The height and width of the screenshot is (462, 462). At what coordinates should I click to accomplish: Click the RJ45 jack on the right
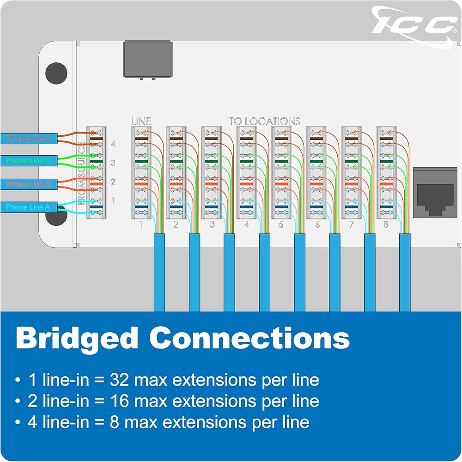pyautogui.click(x=435, y=192)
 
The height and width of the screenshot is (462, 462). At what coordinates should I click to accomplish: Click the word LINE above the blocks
pyautogui.click(x=141, y=121)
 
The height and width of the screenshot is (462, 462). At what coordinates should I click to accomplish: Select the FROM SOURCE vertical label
pyautogui.click(x=81, y=173)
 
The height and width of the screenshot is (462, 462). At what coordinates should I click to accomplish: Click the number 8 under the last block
pyautogui.click(x=386, y=225)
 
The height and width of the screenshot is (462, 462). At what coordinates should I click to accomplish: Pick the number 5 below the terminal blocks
pyautogui.click(x=281, y=225)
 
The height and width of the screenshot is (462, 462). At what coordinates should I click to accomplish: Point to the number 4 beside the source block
pyautogui.click(x=113, y=144)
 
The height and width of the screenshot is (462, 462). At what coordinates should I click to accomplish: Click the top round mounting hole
pyautogui.click(x=56, y=73)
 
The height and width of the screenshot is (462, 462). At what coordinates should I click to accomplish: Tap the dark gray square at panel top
pyautogui.click(x=148, y=59)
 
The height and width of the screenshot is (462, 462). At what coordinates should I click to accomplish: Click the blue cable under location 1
pyautogui.click(x=159, y=273)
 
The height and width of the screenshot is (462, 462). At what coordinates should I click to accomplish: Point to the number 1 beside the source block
pyautogui.click(x=113, y=201)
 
